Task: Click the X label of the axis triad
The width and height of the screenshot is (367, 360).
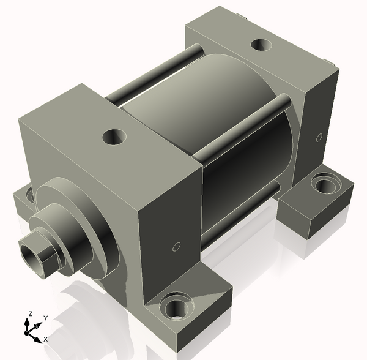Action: (46, 339)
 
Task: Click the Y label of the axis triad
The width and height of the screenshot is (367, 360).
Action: (46, 318)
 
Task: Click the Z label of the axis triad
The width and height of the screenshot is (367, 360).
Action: (31, 313)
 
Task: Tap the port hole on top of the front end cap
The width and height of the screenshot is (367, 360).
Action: (114, 137)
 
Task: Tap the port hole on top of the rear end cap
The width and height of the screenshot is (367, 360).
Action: (261, 45)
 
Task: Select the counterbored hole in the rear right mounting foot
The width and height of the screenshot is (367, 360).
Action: (326, 184)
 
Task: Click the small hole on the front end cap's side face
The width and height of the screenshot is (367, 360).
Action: (177, 247)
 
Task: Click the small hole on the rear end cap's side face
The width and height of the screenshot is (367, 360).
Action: (319, 138)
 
